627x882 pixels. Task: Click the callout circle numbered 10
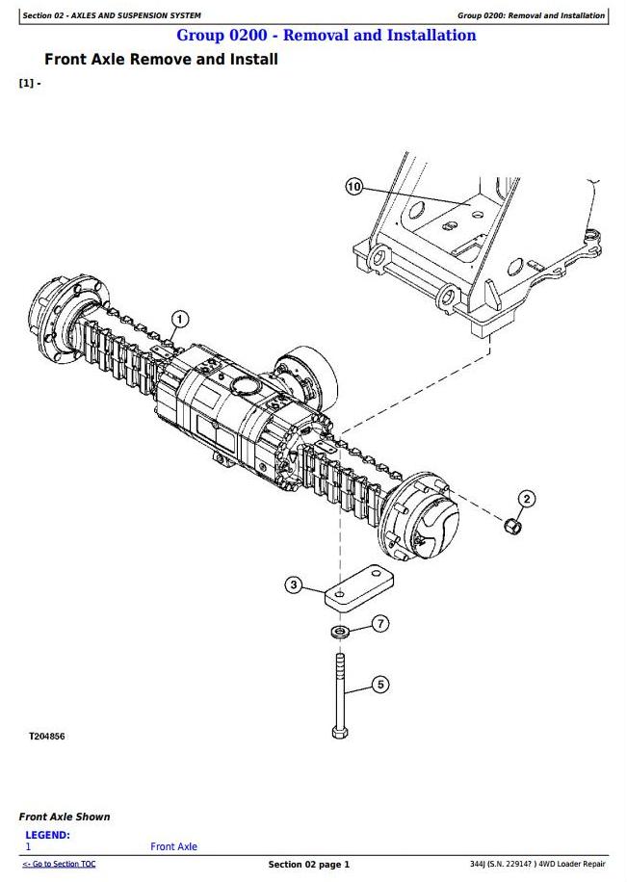click(x=353, y=187)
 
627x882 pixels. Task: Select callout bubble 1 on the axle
click(x=179, y=320)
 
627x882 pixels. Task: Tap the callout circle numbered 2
click(x=526, y=499)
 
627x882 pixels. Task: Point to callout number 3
click(x=293, y=585)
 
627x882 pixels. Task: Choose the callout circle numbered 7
click(x=381, y=623)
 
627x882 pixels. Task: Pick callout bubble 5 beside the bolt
click(x=381, y=685)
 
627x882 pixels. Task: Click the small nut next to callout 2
click(x=512, y=527)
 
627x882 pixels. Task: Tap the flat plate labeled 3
click(x=359, y=587)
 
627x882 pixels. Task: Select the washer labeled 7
click(x=341, y=632)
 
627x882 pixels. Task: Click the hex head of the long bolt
click(x=340, y=732)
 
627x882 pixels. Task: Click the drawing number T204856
click(x=47, y=737)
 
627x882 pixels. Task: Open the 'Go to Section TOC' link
click(x=59, y=864)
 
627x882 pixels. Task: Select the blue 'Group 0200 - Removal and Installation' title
click(x=327, y=35)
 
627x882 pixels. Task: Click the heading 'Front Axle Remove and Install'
click(x=161, y=59)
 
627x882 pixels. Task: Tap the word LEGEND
click(x=47, y=835)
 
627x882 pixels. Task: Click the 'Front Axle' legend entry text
click(x=173, y=846)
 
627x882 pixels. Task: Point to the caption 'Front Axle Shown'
click(x=65, y=817)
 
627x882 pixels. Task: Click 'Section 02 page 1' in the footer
click(x=309, y=864)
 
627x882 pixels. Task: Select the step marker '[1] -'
click(x=30, y=83)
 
